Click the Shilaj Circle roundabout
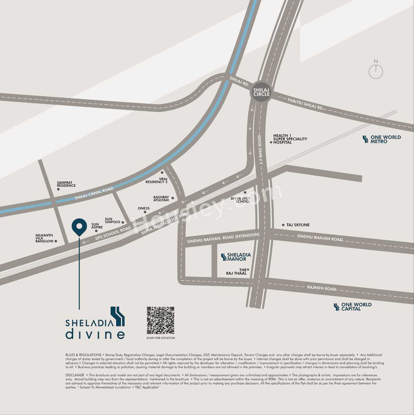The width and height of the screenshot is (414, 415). coord(261,93)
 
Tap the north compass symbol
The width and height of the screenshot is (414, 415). coord(376,71)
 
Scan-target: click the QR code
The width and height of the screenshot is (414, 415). coord(160,321)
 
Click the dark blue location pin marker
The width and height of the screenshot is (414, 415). coord(79,227)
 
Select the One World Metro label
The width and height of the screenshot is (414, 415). coord(382,139)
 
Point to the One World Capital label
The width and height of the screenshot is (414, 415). coord(353,307)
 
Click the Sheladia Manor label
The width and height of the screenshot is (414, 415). coord(236,257)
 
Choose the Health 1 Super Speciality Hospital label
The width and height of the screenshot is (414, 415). coord(290,139)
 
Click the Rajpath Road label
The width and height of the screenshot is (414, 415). coord(321,288)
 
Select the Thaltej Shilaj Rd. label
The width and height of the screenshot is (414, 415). coord(305,104)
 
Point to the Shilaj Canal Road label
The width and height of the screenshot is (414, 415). coord(94,193)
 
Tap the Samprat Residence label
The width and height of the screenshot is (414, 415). coord(66,184)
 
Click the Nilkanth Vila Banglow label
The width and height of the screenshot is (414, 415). coord(44,238)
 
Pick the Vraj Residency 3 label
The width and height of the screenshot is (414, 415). coord(157,180)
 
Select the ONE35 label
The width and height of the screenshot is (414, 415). coord(144,208)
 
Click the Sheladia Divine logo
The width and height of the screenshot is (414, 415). coord(95,323)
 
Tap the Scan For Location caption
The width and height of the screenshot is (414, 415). coord(160,338)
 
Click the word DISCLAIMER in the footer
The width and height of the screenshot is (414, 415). coord(75,375)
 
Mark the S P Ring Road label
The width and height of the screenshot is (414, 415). coord(260,149)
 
